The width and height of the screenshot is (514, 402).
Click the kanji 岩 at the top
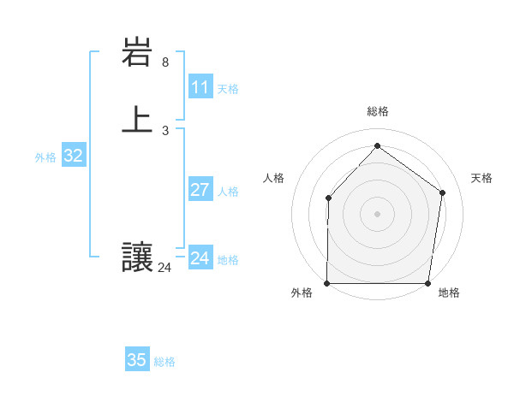(138, 54)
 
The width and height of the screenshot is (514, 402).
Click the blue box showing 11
(200, 87)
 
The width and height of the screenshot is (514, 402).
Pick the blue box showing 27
(200, 190)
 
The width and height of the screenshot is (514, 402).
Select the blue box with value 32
(73, 156)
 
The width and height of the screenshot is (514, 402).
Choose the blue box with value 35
(137, 360)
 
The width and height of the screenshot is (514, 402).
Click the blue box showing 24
(200, 258)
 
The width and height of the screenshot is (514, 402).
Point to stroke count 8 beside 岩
(165, 62)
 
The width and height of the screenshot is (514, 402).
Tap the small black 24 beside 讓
(164, 268)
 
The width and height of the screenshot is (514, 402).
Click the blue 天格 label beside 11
(228, 89)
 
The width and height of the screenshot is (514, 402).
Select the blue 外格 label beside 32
(45, 157)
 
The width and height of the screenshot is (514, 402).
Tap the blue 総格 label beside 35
(164, 362)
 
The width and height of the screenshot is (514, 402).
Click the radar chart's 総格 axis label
(377, 111)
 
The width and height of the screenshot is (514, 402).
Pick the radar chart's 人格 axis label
(273, 178)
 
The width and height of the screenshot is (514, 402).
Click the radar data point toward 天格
(442, 192)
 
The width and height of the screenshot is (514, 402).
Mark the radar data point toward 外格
(327, 283)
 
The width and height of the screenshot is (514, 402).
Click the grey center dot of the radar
(377, 214)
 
